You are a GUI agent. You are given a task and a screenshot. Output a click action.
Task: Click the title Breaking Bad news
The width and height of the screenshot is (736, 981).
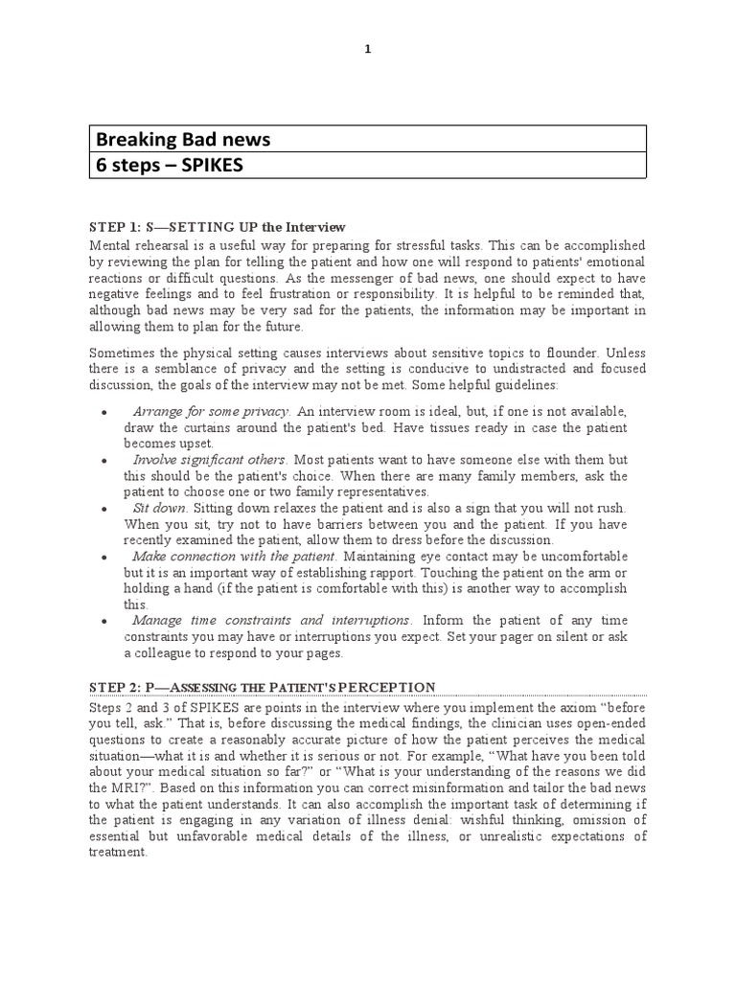pos(182,140)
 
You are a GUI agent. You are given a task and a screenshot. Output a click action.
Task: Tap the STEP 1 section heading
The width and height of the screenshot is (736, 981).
pos(217,227)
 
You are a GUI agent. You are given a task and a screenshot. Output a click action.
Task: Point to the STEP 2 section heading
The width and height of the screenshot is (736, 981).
pos(262,687)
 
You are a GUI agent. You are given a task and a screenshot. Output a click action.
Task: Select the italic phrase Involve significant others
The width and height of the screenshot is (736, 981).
pos(211,461)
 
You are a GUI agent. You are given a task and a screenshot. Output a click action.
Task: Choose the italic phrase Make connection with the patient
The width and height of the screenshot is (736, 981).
pos(234,557)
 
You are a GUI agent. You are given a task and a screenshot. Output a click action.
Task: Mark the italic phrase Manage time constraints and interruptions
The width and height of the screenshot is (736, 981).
pos(271,621)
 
